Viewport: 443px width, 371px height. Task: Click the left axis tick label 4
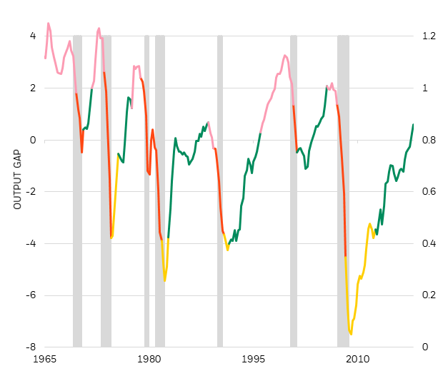pos(32,36)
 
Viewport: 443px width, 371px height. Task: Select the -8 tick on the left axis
pos(31,347)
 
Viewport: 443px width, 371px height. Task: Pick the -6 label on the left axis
pos(31,295)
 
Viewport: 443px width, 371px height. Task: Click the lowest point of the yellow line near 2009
pos(351,333)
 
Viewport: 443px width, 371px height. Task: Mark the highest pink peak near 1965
pos(49,23)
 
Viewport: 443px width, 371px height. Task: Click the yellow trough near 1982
pos(165,280)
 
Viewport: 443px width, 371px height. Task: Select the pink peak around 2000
pos(284,55)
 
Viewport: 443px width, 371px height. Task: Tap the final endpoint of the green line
pos(413,124)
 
